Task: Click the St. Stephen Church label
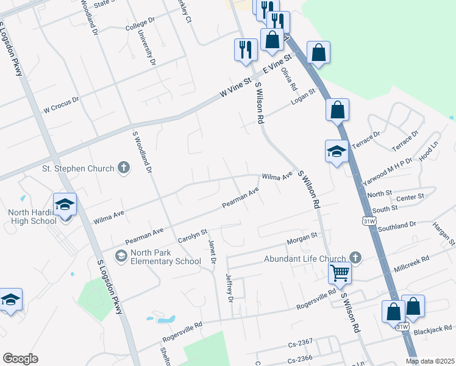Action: [x=77, y=168]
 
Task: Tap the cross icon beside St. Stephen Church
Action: [x=123, y=167]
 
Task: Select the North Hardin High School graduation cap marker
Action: [x=65, y=206]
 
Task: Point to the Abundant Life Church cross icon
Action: [x=355, y=258]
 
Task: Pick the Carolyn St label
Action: [x=193, y=237]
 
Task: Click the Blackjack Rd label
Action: [x=430, y=332]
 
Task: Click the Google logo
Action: [x=20, y=359]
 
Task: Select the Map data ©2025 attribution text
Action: [x=430, y=361]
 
